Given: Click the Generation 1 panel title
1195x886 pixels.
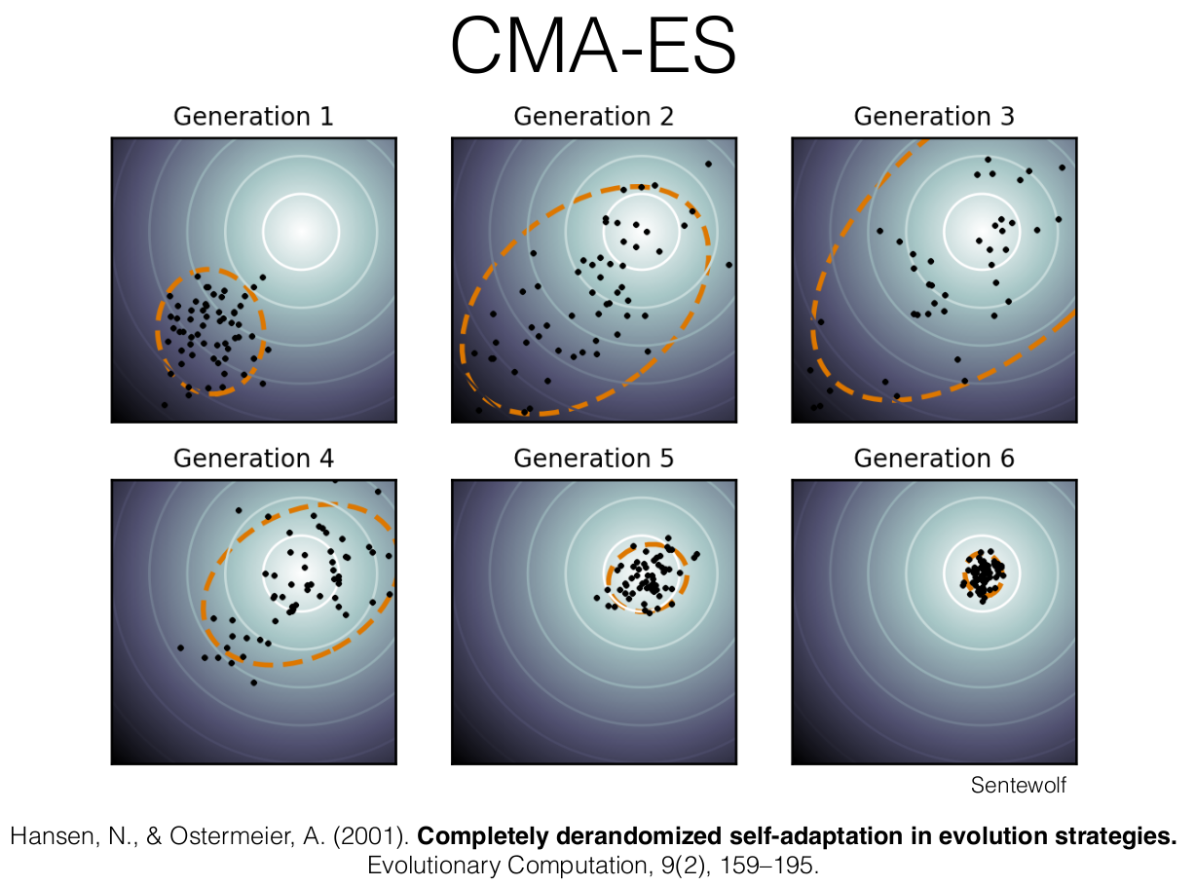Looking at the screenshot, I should [x=253, y=117].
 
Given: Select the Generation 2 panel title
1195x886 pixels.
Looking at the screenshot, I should [x=593, y=117].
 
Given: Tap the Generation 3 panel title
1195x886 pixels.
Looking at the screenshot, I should [x=934, y=117].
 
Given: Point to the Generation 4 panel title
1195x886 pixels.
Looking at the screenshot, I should [x=253, y=458].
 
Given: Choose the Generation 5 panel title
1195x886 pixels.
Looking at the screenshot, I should [x=593, y=458].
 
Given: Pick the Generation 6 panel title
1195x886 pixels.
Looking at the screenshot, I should [x=934, y=458].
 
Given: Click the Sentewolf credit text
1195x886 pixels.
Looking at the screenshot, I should [x=1018, y=785].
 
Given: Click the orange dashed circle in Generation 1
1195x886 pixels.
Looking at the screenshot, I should [x=158, y=331].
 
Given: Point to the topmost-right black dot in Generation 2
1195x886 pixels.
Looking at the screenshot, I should [x=708, y=164].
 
